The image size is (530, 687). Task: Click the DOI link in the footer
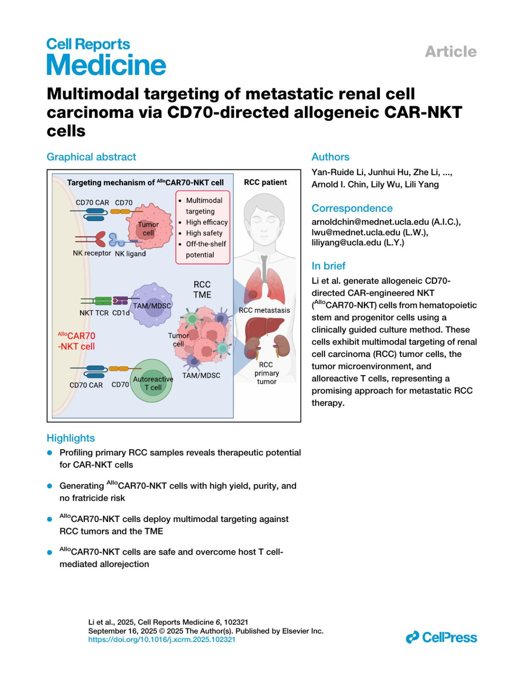click(162, 639)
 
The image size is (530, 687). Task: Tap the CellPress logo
click(441, 637)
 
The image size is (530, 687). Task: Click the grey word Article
click(450, 52)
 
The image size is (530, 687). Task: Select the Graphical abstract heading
click(91, 157)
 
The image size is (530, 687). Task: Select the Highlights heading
click(71, 438)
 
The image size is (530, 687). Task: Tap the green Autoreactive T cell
click(153, 381)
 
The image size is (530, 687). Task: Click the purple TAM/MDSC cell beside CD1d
click(152, 304)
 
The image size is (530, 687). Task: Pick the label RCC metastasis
click(264, 310)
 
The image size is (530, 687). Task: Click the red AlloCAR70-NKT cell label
click(76, 341)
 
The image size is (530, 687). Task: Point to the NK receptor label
click(92, 253)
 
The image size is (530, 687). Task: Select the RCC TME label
click(202, 289)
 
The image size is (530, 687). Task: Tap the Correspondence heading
click(352, 208)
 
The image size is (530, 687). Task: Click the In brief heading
click(329, 266)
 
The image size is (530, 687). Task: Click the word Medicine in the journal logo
click(106, 65)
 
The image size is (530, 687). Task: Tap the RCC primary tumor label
click(266, 373)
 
